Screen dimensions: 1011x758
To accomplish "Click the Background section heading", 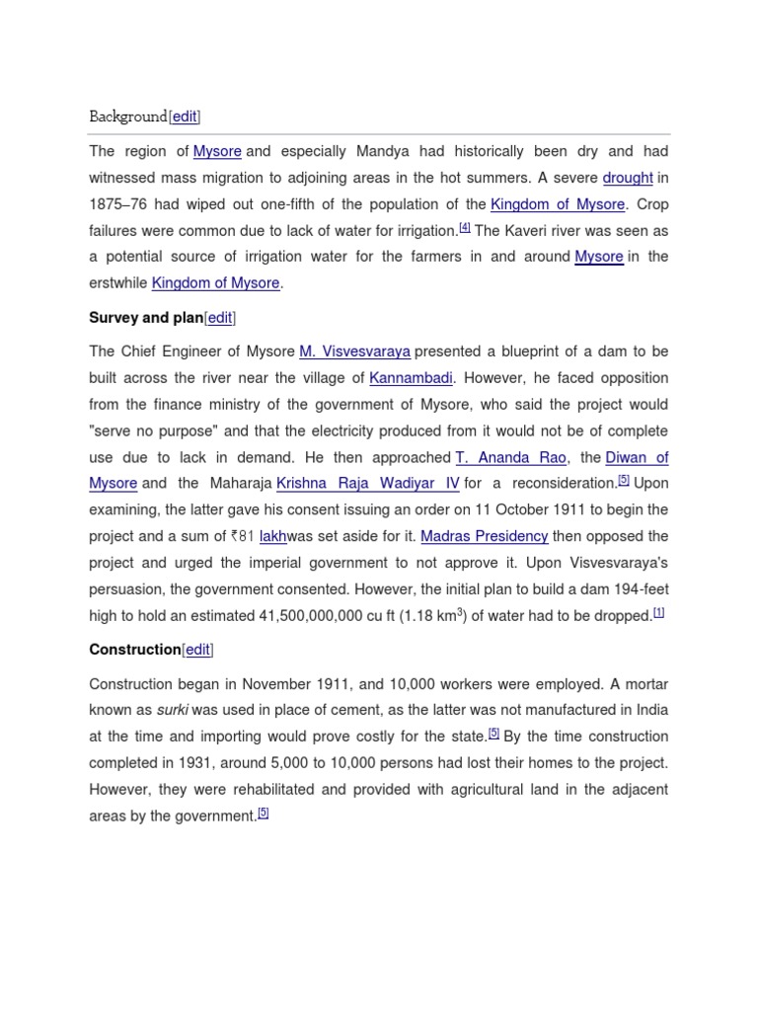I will [128, 117].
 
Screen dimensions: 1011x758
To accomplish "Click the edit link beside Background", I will [185, 117].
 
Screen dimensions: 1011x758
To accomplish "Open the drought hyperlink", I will [628, 178].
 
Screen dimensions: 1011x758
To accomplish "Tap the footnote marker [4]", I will [465, 228].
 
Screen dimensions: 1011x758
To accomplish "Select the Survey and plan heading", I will [146, 318].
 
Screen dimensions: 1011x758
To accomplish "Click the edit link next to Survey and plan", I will [220, 318].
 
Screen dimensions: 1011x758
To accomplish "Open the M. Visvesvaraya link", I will [355, 351].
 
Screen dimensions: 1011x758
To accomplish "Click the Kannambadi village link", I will [412, 378].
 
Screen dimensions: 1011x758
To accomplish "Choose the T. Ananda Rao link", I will [512, 457].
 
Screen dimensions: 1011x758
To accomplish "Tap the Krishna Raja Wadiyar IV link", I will [368, 484].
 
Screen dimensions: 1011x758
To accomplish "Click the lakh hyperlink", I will [273, 536].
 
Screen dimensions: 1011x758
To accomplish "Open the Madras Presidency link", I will [485, 536].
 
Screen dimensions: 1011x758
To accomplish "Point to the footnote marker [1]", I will [658, 612].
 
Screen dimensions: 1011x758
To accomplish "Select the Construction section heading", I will [135, 650].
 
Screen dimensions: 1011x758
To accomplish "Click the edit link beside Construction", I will [197, 650].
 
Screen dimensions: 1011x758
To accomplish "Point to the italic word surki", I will [173, 710].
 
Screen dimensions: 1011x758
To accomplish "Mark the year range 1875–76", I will [119, 204].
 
